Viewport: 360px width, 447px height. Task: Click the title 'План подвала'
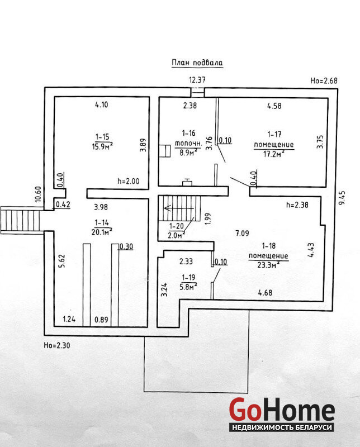196,63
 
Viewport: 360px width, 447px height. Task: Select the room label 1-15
102,136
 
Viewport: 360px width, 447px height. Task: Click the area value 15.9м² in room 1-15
103,146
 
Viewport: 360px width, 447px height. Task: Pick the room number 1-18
268,246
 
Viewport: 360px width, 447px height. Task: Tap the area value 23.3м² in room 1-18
269,264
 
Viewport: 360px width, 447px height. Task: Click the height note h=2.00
129,181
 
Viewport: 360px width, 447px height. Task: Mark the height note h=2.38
297,205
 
